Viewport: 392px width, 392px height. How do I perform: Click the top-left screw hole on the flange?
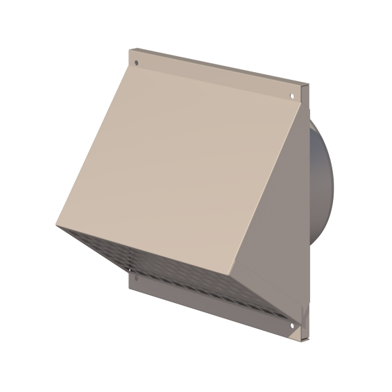pos(137,63)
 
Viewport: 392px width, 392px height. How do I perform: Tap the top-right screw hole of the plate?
pos(292,96)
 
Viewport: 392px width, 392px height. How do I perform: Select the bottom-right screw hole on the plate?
pos(292,325)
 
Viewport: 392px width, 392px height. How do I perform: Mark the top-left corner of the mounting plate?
pos(130,49)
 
